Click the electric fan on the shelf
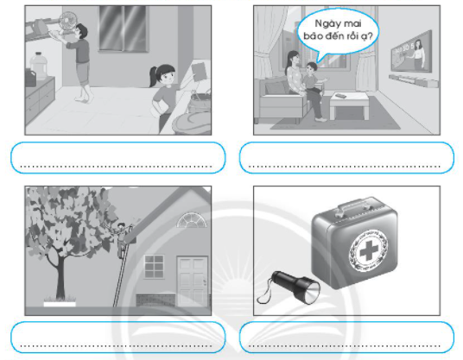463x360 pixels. pyautogui.click(x=67, y=22)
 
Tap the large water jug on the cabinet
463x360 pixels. pyautogui.click(x=39, y=66)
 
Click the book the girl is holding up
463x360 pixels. pyautogui.click(x=199, y=71)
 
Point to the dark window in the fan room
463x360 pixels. pyautogui.click(x=123, y=28)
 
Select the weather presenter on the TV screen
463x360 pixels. pyautogui.click(x=419, y=54)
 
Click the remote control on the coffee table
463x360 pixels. pyautogui.click(x=342, y=96)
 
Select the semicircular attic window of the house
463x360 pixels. pyautogui.click(x=192, y=220)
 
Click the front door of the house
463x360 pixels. pyautogui.click(x=193, y=281)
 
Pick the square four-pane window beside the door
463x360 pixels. pyautogui.click(x=154, y=267)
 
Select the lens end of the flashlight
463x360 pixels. pyautogui.click(x=312, y=292)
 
